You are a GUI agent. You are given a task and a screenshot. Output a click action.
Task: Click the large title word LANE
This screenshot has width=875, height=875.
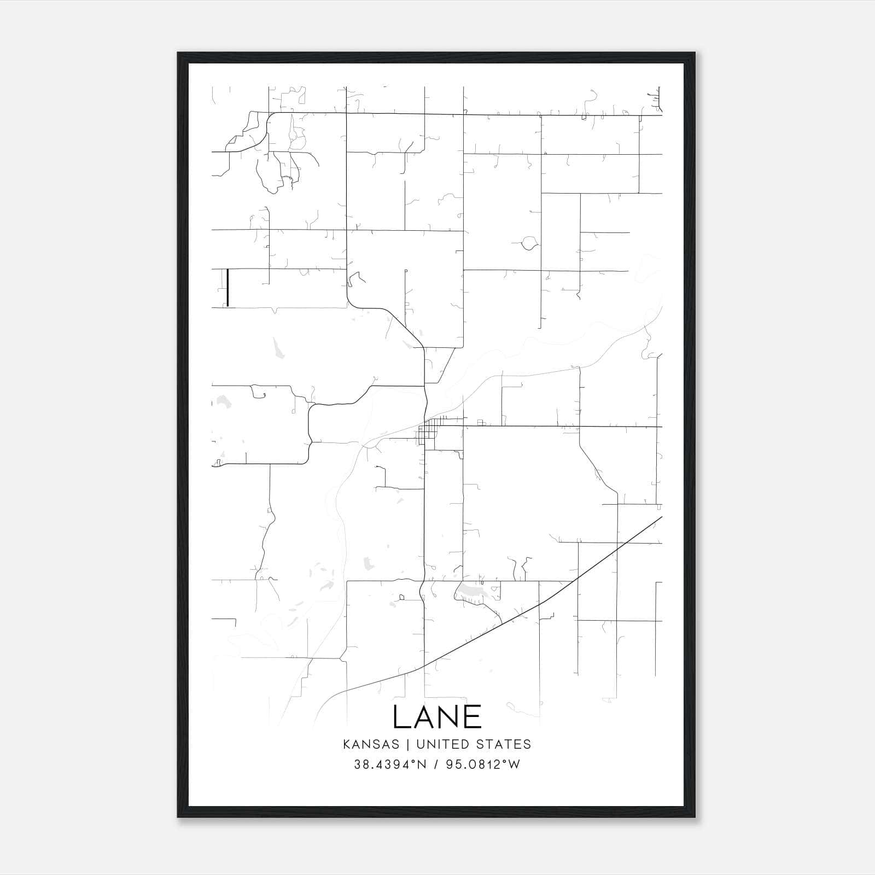click(437, 716)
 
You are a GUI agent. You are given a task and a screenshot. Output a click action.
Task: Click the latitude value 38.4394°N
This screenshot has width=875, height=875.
click(389, 765)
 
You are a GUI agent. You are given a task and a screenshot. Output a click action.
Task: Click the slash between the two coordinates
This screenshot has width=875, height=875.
click(436, 765)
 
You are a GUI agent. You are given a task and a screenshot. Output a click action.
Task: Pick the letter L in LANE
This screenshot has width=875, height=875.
click(400, 716)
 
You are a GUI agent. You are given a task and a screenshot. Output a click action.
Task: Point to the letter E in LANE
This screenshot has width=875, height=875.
click(473, 716)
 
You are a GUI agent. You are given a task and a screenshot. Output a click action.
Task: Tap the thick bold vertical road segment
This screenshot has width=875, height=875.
click(227, 288)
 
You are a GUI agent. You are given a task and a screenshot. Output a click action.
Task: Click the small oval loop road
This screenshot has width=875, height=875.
click(529, 243)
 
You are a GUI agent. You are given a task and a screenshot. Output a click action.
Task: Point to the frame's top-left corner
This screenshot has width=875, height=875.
click(178, 53)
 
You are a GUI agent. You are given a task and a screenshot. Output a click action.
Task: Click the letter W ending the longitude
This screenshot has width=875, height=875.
click(514, 765)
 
